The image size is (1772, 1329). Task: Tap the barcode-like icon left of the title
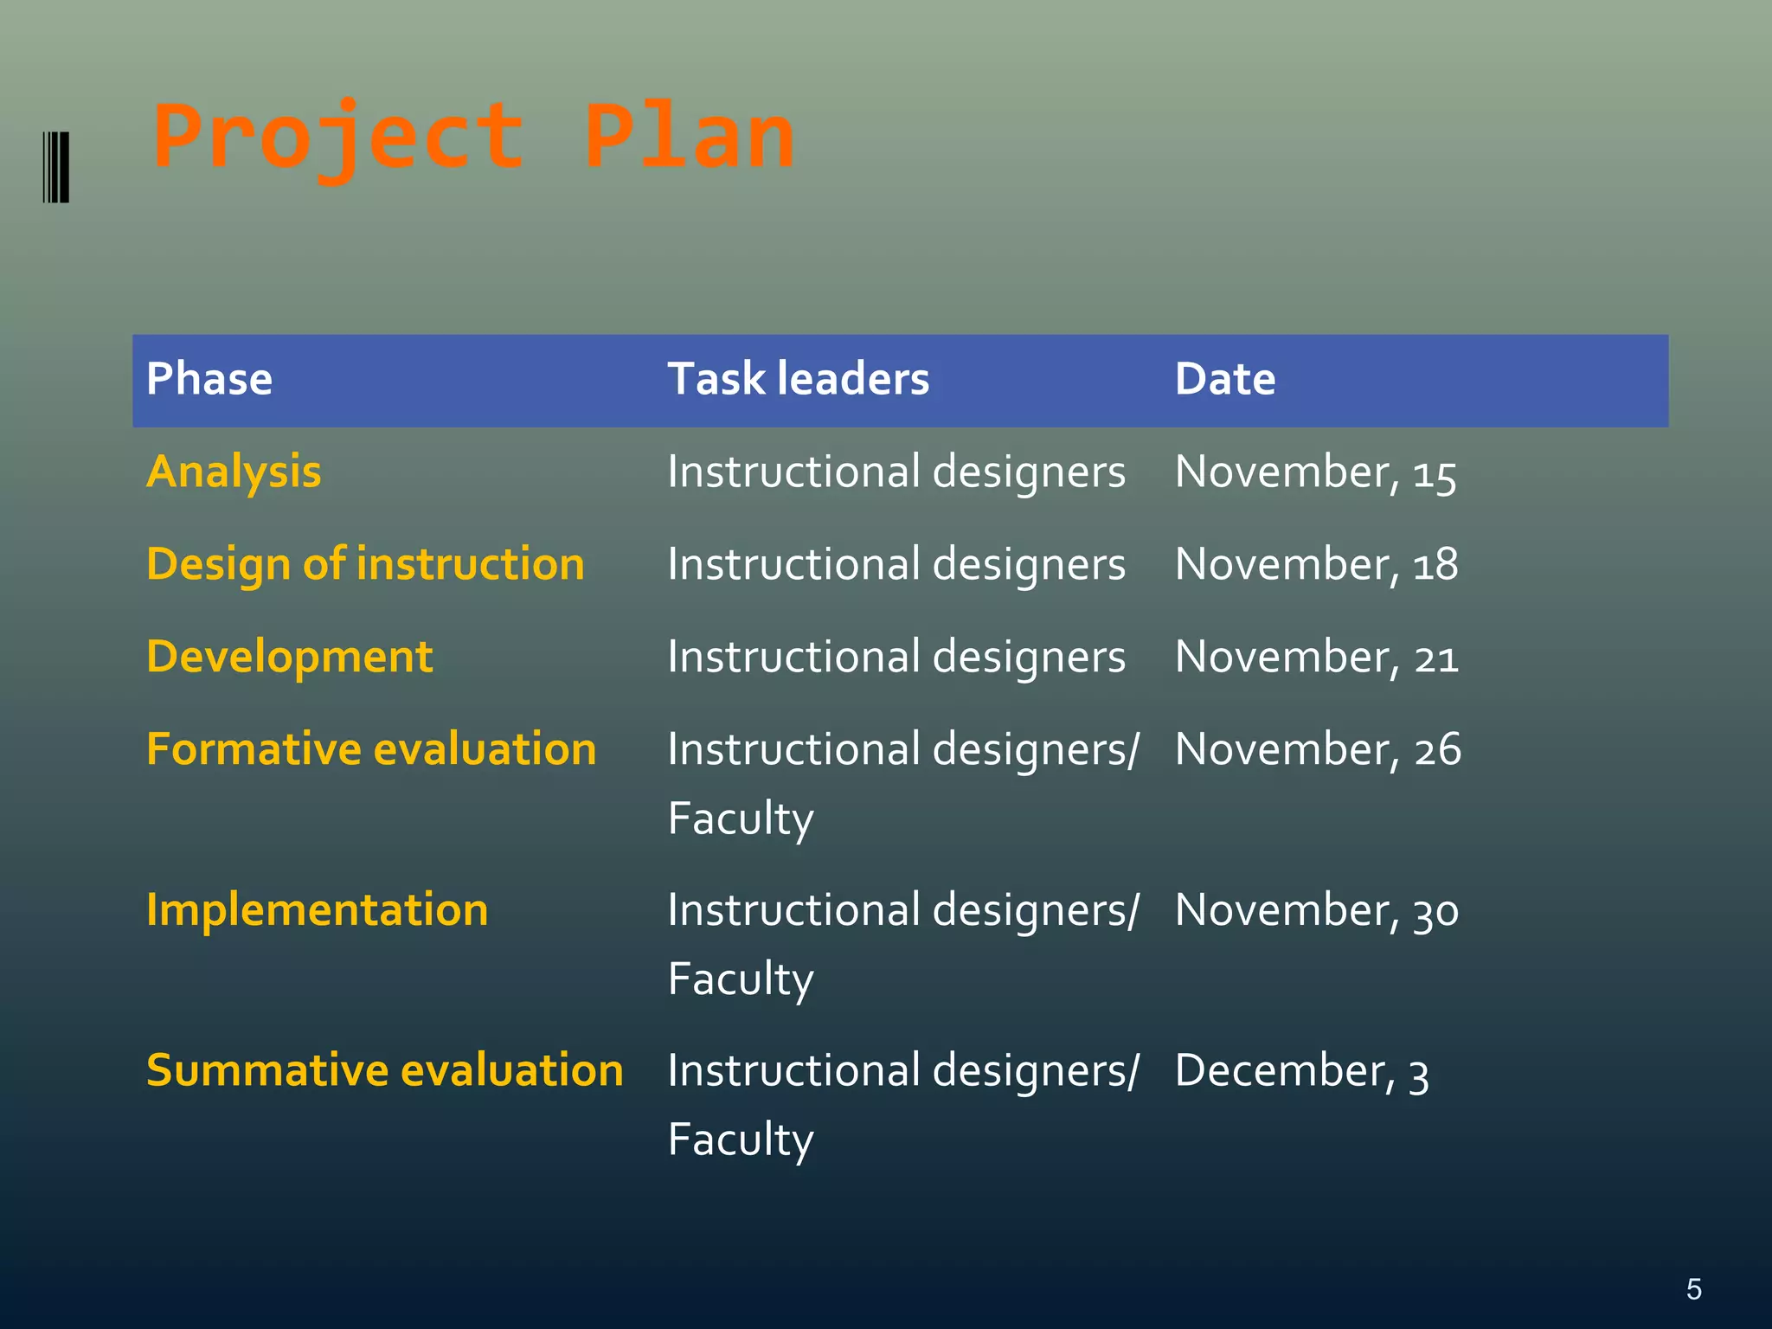coord(56,167)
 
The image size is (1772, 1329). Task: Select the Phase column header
coord(209,379)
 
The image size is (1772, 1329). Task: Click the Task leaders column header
coord(798,379)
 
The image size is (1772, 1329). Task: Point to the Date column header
coord(1224,379)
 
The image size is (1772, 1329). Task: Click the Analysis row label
coord(234,472)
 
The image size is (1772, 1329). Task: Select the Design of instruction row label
coord(365,564)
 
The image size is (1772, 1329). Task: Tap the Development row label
coord(289,657)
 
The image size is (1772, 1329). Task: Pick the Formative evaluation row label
coord(371,749)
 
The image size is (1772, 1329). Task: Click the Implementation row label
coord(317,910)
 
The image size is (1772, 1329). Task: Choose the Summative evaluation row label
coord(384,1070)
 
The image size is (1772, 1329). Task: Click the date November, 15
coord(1315,473)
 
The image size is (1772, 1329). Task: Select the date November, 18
coord(1316,565)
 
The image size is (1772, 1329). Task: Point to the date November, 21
coord(1316,658)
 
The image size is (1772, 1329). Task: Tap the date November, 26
coord(1317,749)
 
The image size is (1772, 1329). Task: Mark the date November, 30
coord(1316,911)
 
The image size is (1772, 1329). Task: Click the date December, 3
coord(1301,1072)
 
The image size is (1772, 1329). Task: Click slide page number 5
coord(1693,1289)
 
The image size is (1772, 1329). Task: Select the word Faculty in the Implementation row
coord(741,980)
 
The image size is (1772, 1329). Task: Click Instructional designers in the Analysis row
coord(896,473)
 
